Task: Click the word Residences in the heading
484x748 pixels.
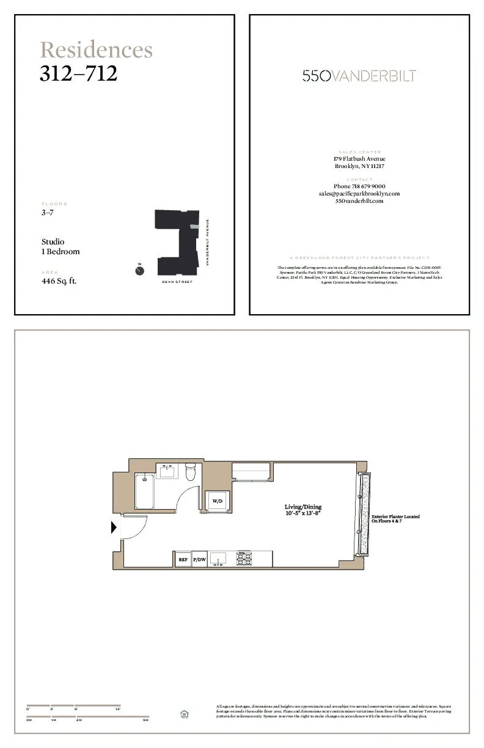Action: [96, 50]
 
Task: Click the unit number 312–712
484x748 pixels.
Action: [78, 73]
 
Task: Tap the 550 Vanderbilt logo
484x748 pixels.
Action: [359, 76]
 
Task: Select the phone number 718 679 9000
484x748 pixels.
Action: [359, 186]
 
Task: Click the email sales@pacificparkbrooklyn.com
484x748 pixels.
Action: [359, 194]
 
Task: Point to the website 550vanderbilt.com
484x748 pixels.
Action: [359, 201]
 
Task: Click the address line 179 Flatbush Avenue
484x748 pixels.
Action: [359, 159]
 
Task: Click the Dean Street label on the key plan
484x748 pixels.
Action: [177, 282]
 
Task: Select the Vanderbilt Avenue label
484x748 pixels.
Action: [207, 242]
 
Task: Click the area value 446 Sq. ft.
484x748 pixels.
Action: [59, 281]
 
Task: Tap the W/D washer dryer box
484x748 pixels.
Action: [217, 501]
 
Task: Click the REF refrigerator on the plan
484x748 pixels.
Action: [183, 559]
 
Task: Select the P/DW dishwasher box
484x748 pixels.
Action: [199, 559]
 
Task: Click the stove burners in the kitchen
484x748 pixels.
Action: [245, 559]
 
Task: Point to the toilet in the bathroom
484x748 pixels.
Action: [190, 472]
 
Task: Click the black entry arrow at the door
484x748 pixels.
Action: [114, 527]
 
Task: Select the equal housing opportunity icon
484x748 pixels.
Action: [184, 714]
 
